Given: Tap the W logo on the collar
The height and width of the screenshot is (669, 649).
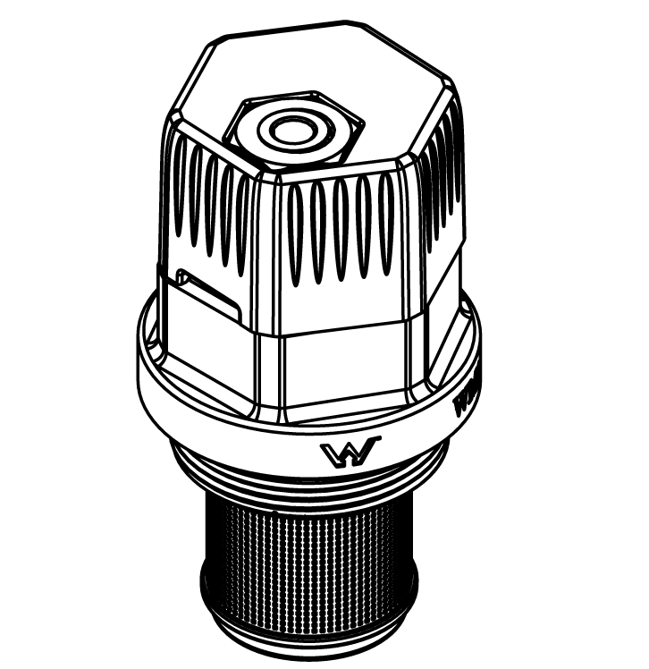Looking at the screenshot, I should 350,453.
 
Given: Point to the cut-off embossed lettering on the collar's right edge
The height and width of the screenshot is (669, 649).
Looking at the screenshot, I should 467,394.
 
